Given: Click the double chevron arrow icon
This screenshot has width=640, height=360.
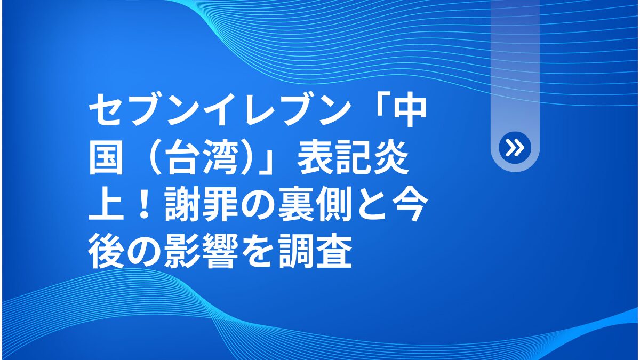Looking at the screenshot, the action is pyautogui.click(x=515, y=148).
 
